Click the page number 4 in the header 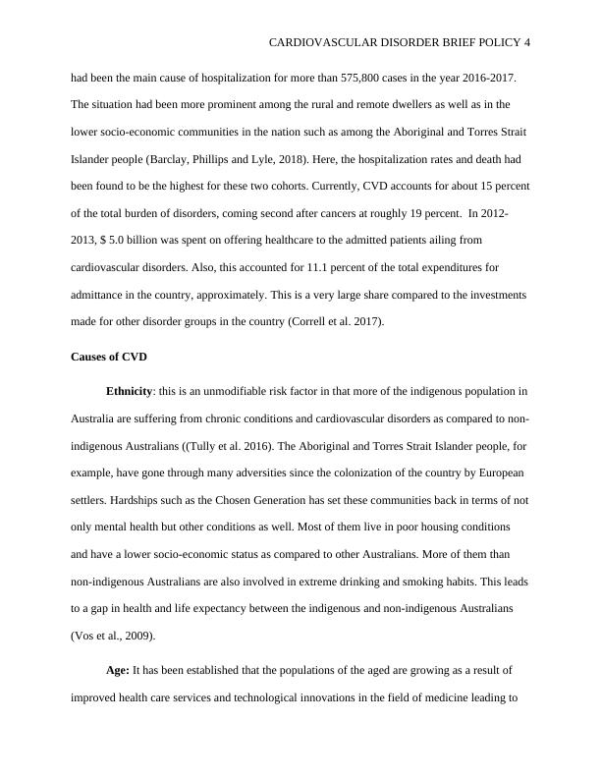tap(527, 43)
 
